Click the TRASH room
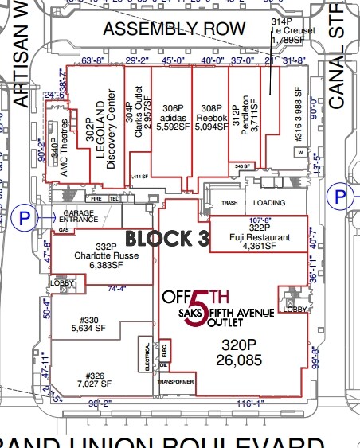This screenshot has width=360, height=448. pyautogui.click(x=230, y=202)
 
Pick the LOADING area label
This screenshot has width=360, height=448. pyautogui.click(x=273, y=201)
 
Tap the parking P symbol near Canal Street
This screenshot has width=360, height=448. pyautogui.click(x=341, y=196)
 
